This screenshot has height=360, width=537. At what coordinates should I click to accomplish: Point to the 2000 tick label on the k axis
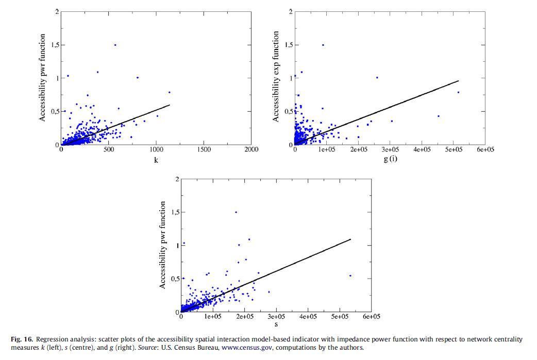(x=251, y=150)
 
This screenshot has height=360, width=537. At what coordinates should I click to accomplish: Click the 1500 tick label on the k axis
(x=204, y=150)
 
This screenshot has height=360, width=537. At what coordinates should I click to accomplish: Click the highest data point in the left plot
(x=115, y=45)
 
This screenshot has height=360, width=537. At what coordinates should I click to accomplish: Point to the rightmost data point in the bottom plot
(x=350, y=276)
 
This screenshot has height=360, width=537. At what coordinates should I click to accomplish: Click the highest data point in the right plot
(x=323, y=45)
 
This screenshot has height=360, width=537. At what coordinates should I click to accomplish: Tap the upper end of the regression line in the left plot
(x=170, y=105)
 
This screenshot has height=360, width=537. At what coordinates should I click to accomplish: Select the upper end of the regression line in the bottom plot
(x=350, y=239)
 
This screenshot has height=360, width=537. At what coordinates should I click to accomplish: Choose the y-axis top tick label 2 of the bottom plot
(x=176, y=179)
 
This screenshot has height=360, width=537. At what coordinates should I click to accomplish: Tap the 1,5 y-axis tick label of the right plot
(x=287, y=45)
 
